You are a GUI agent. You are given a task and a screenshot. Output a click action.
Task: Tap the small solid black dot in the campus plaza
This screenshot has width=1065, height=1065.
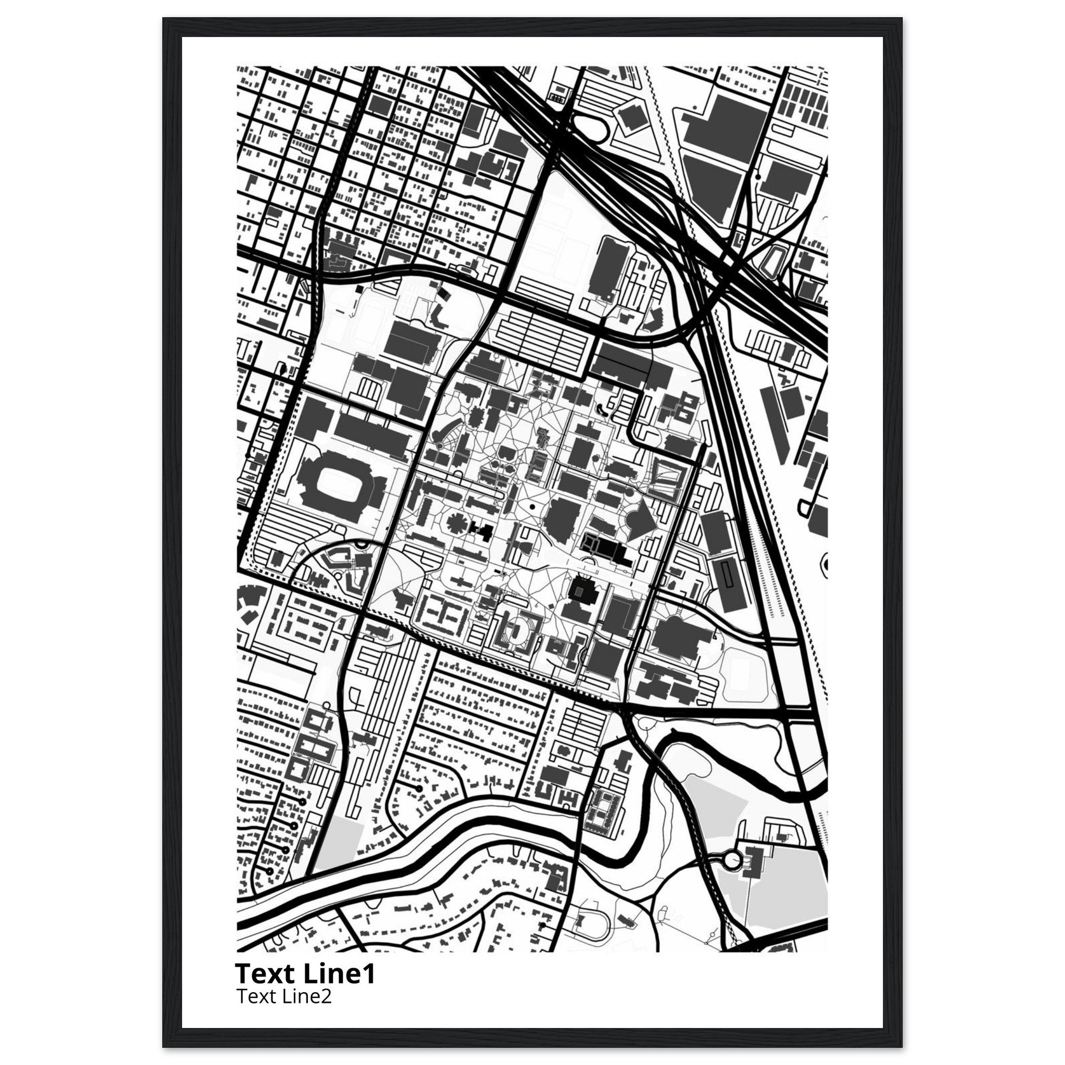[x=532, y=505]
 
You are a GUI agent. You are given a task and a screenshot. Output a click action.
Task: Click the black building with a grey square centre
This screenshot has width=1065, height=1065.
[x=580, y=591]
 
